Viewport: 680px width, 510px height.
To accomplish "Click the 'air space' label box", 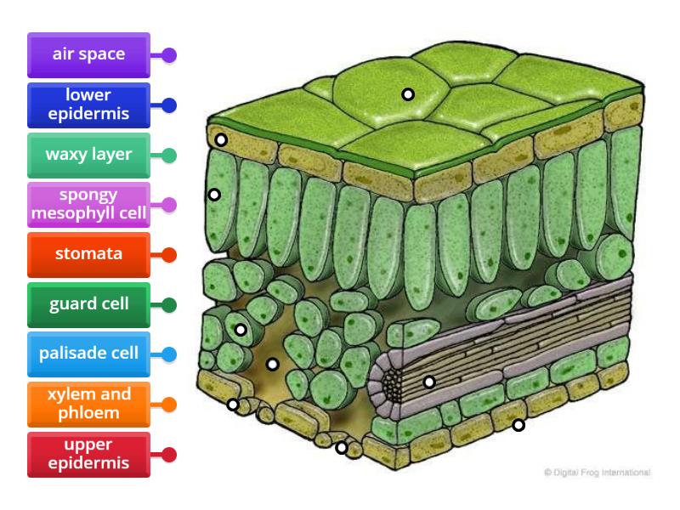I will tap(88, 55).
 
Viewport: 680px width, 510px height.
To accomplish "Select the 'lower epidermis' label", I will tap(88, 105).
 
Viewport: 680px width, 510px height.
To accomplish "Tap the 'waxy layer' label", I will tap(88, 156).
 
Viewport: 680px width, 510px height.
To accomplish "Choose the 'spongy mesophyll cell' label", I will tap(88, 205).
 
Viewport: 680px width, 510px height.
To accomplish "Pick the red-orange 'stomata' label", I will tap(88, 254).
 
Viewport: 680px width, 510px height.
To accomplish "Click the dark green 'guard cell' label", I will tap(88, 304).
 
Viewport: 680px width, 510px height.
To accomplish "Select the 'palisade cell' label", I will tap(88, 354).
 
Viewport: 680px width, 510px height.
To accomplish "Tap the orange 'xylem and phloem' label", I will tap(88, 404).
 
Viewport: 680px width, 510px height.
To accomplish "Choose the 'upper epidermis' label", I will tap(88, 454).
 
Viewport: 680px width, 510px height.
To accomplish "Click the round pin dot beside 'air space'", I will tap(169, 55).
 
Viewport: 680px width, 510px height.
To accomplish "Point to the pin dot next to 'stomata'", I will tap(169, 254).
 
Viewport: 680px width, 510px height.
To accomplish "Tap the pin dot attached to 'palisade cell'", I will tap(169, 354).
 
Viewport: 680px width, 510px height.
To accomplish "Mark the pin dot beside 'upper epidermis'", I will tap(169, 454).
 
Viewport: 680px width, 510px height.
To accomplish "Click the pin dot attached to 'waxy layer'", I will tap(169, 156).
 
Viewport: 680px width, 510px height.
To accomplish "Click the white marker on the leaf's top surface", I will tap(408, 94).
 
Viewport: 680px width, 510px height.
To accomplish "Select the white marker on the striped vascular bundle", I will tap(429, 382).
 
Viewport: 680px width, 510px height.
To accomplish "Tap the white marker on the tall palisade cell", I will tap(214, 195).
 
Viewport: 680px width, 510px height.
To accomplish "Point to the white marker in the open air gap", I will tap(272, 365).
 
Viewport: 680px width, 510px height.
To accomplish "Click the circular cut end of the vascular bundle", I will tap(392, 384).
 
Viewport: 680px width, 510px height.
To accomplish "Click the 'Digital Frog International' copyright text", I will tap(597, 471).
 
